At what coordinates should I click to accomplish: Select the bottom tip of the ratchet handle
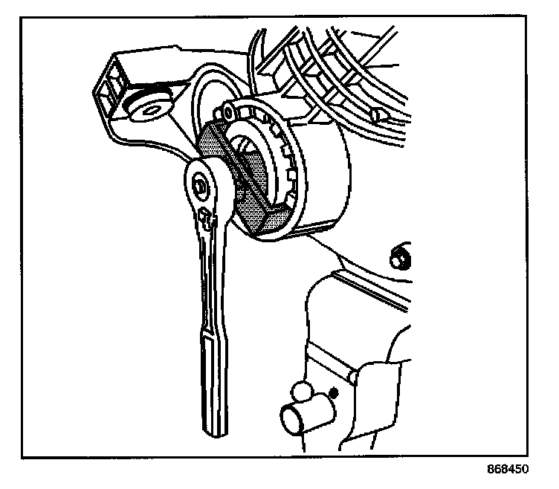point(216,429)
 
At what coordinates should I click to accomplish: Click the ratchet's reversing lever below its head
point(205,218)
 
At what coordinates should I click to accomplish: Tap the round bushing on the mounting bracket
point(151,106)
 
